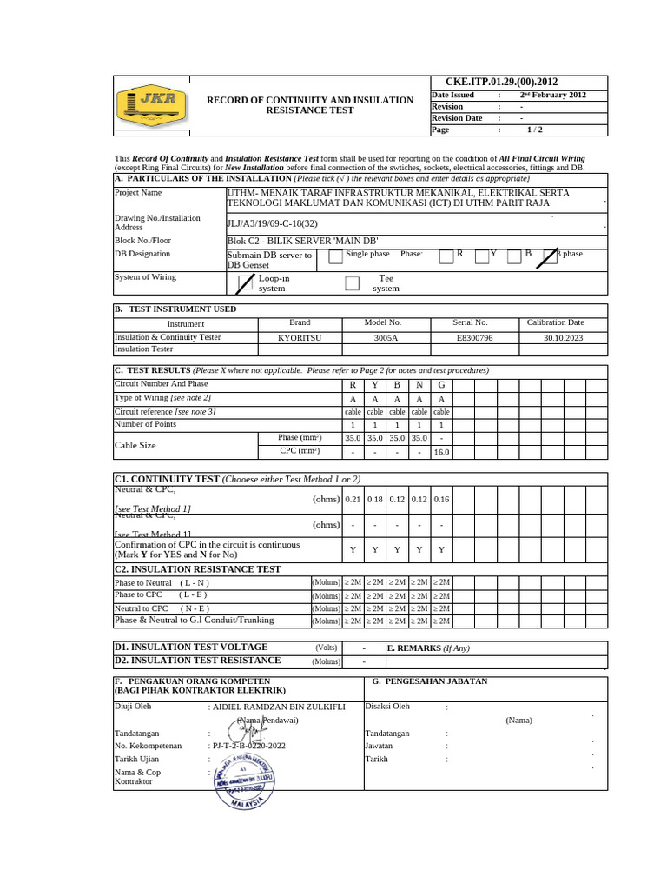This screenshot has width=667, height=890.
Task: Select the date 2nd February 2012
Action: pos(552,95)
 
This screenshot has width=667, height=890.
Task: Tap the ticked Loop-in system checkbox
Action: pos(245,282)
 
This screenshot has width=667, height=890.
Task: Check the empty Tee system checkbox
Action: pos(352,282)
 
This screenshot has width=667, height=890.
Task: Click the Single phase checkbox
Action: pos(334,256)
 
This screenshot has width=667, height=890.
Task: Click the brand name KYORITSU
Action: pos(299,336)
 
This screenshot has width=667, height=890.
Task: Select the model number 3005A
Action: pos(386,336)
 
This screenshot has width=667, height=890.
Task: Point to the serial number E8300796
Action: pos(474,336)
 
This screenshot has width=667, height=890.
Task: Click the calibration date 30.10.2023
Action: pos(564,336)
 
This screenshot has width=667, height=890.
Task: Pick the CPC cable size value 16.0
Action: pos(441,452)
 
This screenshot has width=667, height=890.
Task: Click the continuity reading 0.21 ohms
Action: pos(353,499)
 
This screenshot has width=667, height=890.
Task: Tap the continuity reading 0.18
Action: pos(375,499)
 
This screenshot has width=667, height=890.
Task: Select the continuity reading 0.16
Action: pos(441,499)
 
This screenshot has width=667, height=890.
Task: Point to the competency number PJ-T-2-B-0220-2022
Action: pos(248,746)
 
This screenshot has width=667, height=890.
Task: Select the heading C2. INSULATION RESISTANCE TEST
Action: pos(198,569)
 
